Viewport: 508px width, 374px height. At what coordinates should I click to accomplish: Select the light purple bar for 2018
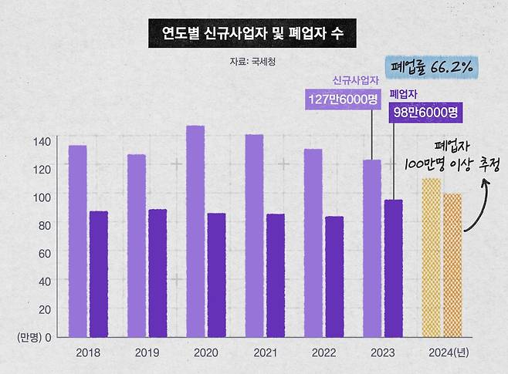pos(77,241)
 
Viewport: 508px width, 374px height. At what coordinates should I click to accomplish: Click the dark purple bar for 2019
pos(157,273)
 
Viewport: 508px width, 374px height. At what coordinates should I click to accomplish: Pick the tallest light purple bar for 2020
pos(195,231)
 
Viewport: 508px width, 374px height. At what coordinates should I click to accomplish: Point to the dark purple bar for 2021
pos(276,275)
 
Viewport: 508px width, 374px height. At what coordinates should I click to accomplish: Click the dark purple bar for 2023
pos(394,268)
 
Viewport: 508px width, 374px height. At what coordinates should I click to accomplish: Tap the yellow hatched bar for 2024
pos(431,258)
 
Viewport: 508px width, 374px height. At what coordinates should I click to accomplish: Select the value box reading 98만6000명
pos(425,113)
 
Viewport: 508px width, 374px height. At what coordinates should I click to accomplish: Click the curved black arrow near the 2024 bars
pos(477,200)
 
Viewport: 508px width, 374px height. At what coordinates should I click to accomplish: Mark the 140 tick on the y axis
pos(41,141)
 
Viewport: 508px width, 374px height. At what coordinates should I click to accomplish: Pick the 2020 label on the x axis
pos(206,352)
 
